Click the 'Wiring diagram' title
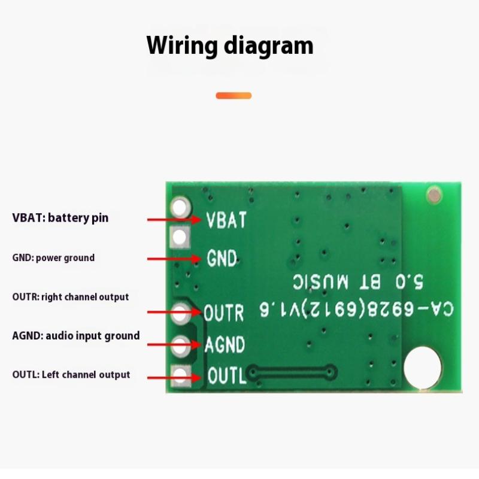click(230, 46)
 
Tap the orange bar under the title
click(234, 95)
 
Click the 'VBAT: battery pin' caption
click(60, 217)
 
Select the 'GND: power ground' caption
click(53, 257)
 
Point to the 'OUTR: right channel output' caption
click(70, 296)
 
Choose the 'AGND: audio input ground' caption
click(75, 335)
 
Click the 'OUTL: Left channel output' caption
click(71, 375)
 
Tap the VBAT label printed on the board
click(226, 220)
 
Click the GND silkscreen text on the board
click(222, 259)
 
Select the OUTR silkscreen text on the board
click(223, 313)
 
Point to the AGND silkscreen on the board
click(225, 345)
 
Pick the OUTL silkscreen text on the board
click(226, 376)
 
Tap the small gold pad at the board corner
click(433, 194)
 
